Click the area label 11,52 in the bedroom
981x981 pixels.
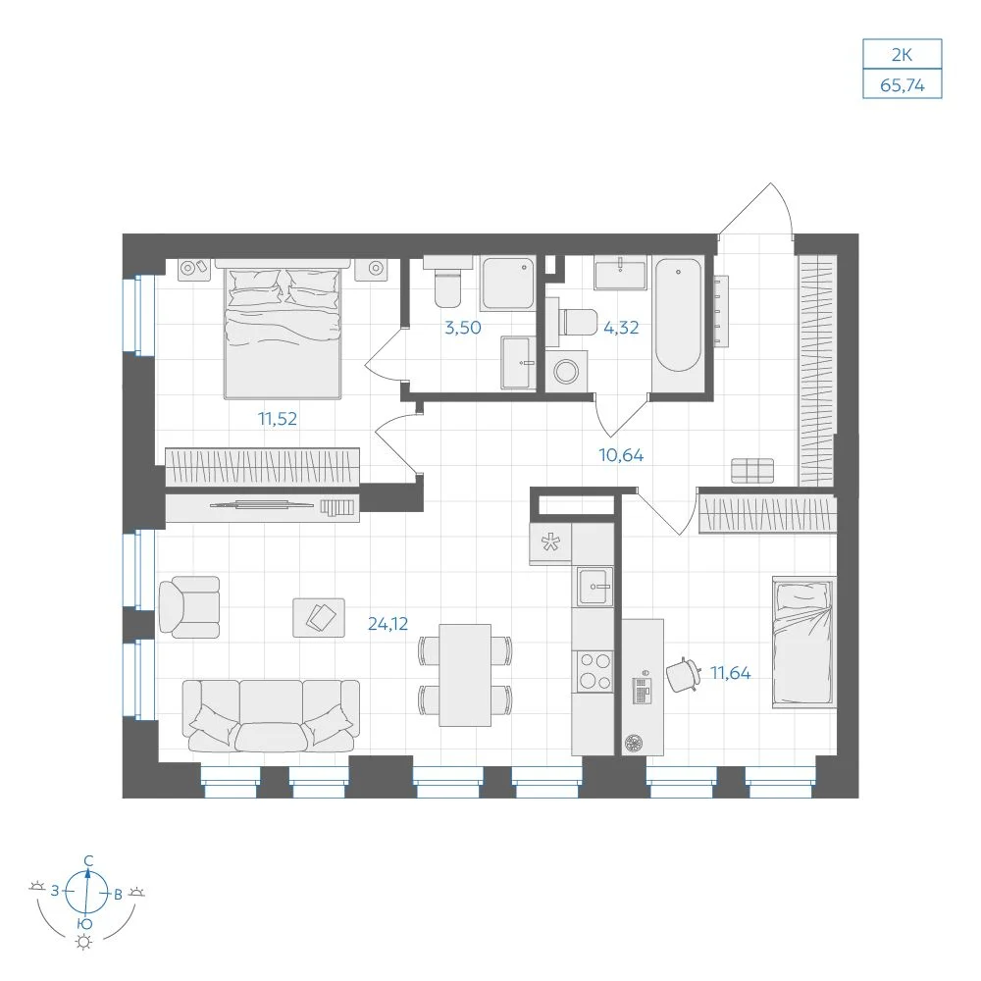pyautogui.click(x=278, y=419)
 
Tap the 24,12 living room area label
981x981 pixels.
pyautogui.click(x=387, y=624)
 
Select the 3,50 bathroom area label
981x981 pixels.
pyautogui.click(x=463, y=328)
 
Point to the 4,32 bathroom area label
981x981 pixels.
pyautogui.click(x=621, y=328)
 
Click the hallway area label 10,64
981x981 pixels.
pyautogui.click(x=621, y=455)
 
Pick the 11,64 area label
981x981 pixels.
pyautogui.click(x=730, y=673)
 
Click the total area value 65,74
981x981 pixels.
pyautogui.click(x=903, y=85)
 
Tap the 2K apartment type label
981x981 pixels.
pyautogui.click(x=902, y=55)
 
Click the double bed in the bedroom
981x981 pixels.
pyautogui.click(x=283, y=329)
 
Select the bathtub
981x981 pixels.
pyautogui.click(x=678, y=315)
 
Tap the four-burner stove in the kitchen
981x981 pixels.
pyautogui.click(x=595, y=671)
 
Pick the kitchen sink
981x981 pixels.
pyautogui.click(x=595, y=587)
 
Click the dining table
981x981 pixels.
pyautogui.click(x=465, y=675)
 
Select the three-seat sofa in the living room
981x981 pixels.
pyautogui.click(x=271, y=716)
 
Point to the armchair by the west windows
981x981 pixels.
pyautogui.click(x=189, y=607)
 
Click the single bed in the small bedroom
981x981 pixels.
pyautogui.click(x=804, y=642)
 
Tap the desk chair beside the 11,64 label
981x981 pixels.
pyautogui.click(x=683, y=675)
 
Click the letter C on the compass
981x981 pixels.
pyautogui.click(x=89, y=861)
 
